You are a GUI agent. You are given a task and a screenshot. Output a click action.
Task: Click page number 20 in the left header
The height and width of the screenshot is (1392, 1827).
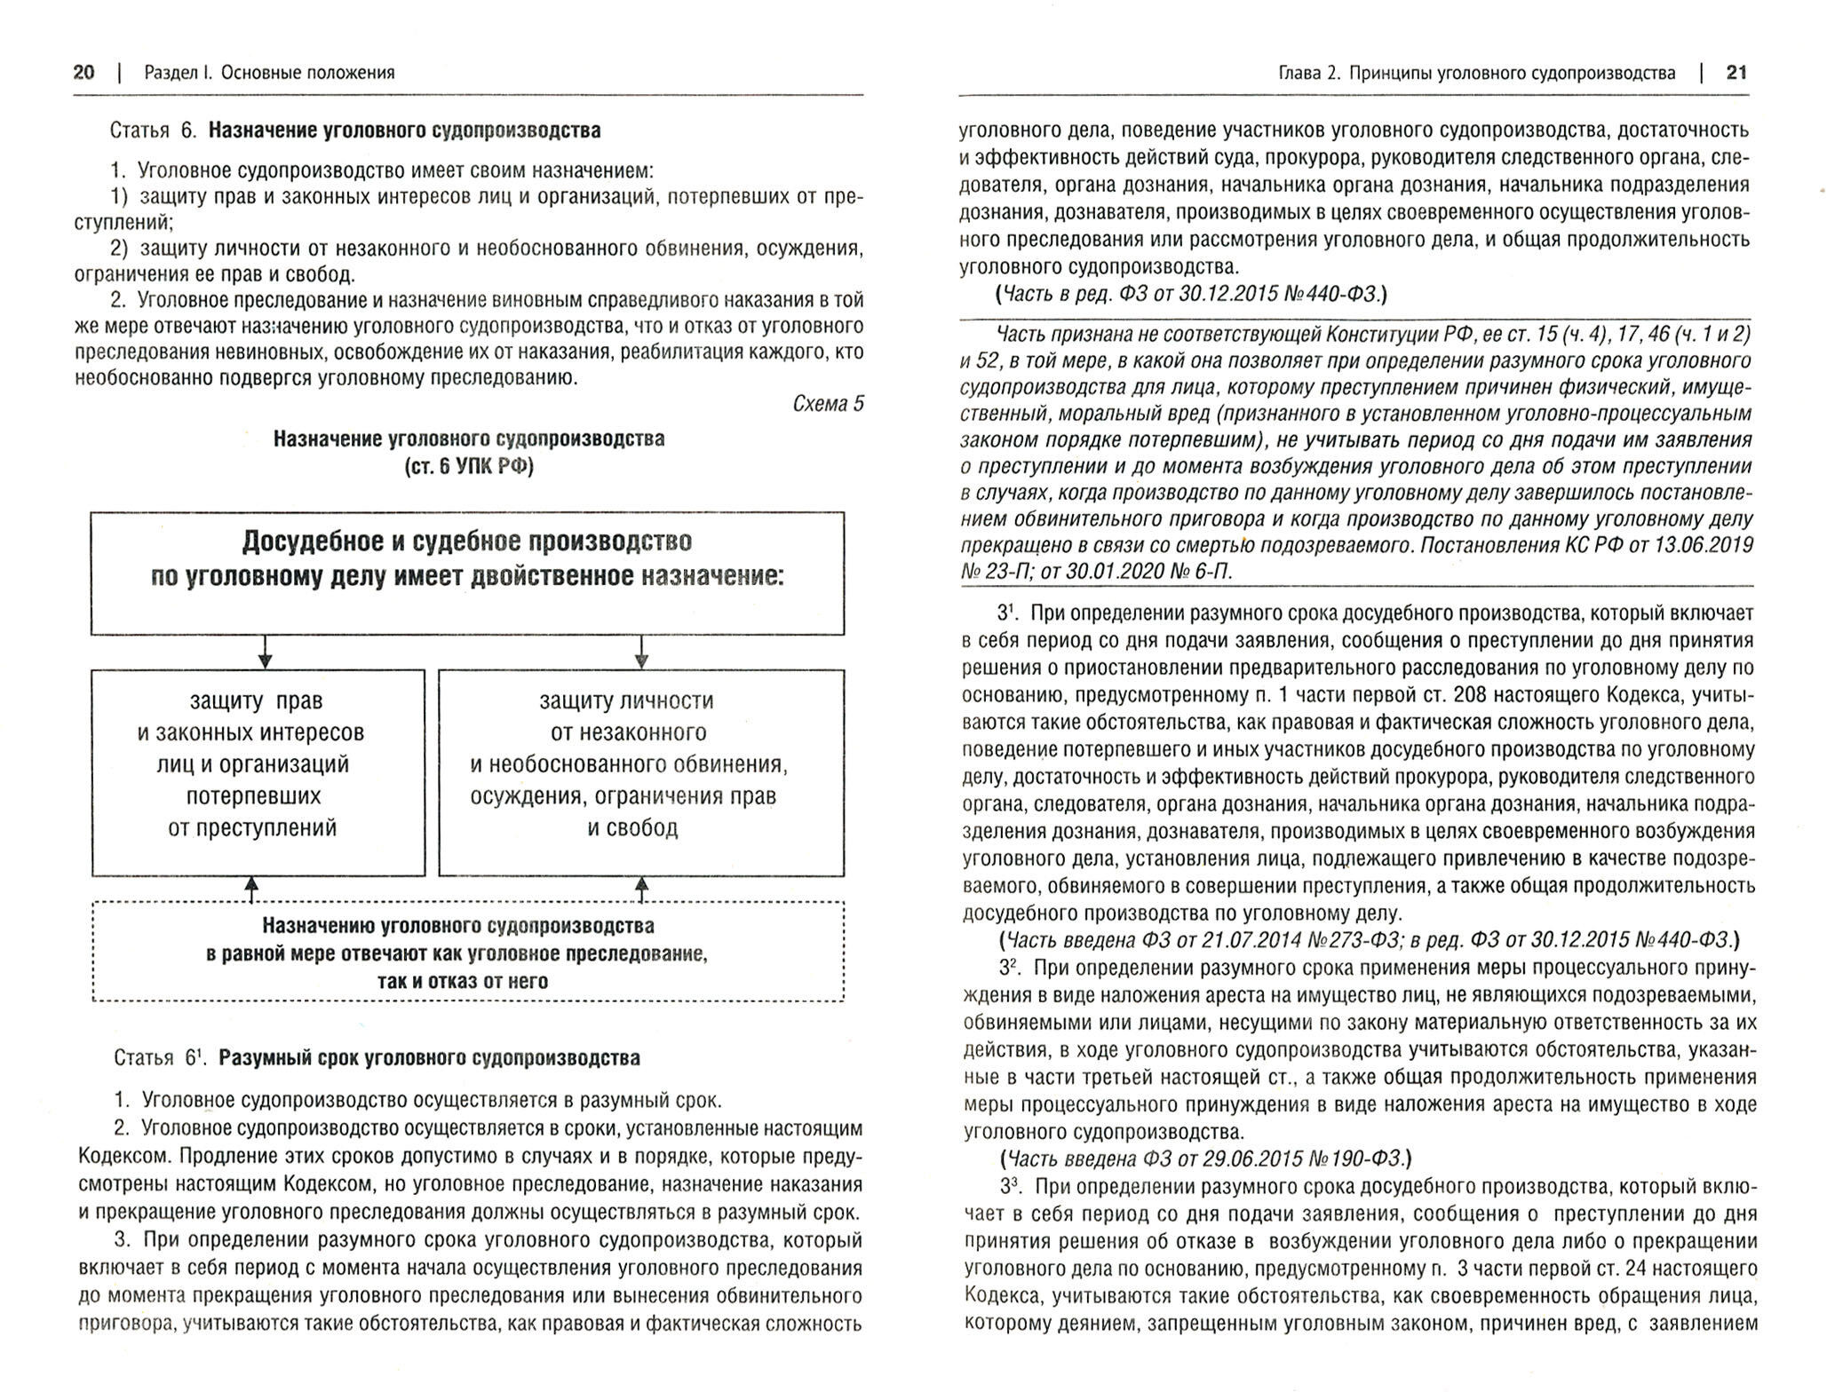click(83, 73)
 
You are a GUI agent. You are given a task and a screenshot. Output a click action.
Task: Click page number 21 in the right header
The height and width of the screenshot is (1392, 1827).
click(1736, 73)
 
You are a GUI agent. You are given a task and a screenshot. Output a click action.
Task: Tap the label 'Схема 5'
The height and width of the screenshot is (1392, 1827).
click(828, 404)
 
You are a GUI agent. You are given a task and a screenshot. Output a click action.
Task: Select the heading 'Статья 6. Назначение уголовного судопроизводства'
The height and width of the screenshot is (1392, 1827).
click(355, 130)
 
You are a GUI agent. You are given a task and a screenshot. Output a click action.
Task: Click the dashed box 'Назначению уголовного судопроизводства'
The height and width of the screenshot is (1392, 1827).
click(468, 953)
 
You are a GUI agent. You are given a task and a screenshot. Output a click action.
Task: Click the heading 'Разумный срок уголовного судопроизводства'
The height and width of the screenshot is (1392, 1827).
click(428, 1058)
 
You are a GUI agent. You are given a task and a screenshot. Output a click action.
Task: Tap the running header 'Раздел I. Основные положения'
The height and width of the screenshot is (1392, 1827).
click(269, 73)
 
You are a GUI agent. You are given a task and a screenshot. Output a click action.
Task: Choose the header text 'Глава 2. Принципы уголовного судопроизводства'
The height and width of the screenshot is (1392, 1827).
click(1476, 73)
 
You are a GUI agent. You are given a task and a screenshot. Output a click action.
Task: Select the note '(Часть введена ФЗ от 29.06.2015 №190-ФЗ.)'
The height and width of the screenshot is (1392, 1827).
click(1204, 1159)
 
